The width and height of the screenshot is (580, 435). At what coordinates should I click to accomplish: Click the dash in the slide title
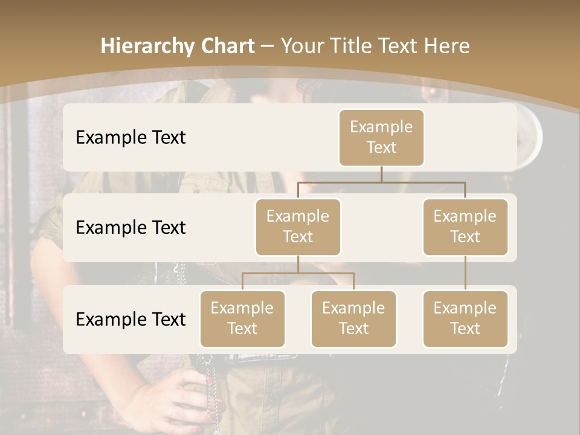click(268, 46)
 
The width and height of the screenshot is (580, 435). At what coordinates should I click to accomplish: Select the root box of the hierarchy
click(381, 137)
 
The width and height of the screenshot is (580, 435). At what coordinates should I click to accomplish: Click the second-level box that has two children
click(298, 227)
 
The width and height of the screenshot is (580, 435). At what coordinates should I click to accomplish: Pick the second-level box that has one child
click(465, 227)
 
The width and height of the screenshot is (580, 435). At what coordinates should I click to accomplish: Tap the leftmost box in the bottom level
click(242, 318)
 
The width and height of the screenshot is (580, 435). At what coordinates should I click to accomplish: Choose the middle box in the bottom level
click(353, 318)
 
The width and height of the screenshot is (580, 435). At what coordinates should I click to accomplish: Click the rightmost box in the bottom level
click(465, 318)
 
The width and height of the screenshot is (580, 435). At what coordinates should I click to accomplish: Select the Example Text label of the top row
click(130, 137)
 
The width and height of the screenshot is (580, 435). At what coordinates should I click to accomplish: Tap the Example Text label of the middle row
click(130, 227)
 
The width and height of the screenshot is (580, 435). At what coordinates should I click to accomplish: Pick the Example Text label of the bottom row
click(130, 319)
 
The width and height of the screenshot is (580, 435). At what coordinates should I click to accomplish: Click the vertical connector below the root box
click(381, 174)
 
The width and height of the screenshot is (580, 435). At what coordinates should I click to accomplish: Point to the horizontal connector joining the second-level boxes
click(381, 182)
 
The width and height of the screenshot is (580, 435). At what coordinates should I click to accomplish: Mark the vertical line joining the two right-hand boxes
click(465, 273)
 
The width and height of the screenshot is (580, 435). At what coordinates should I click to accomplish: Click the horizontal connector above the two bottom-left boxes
click(298, 273)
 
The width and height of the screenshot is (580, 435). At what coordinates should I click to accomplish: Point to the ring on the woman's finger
click(172, 411)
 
